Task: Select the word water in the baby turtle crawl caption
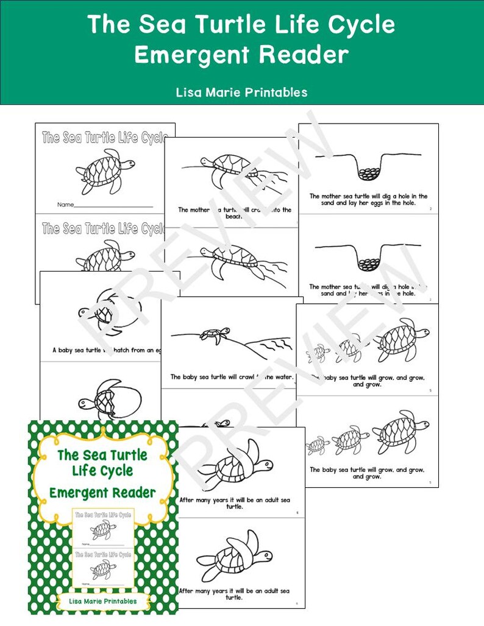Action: click(282, 377)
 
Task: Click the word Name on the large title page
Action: click(65, 205)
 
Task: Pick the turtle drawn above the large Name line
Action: click(103, 172)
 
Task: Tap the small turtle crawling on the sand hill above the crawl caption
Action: click(216, 334)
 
